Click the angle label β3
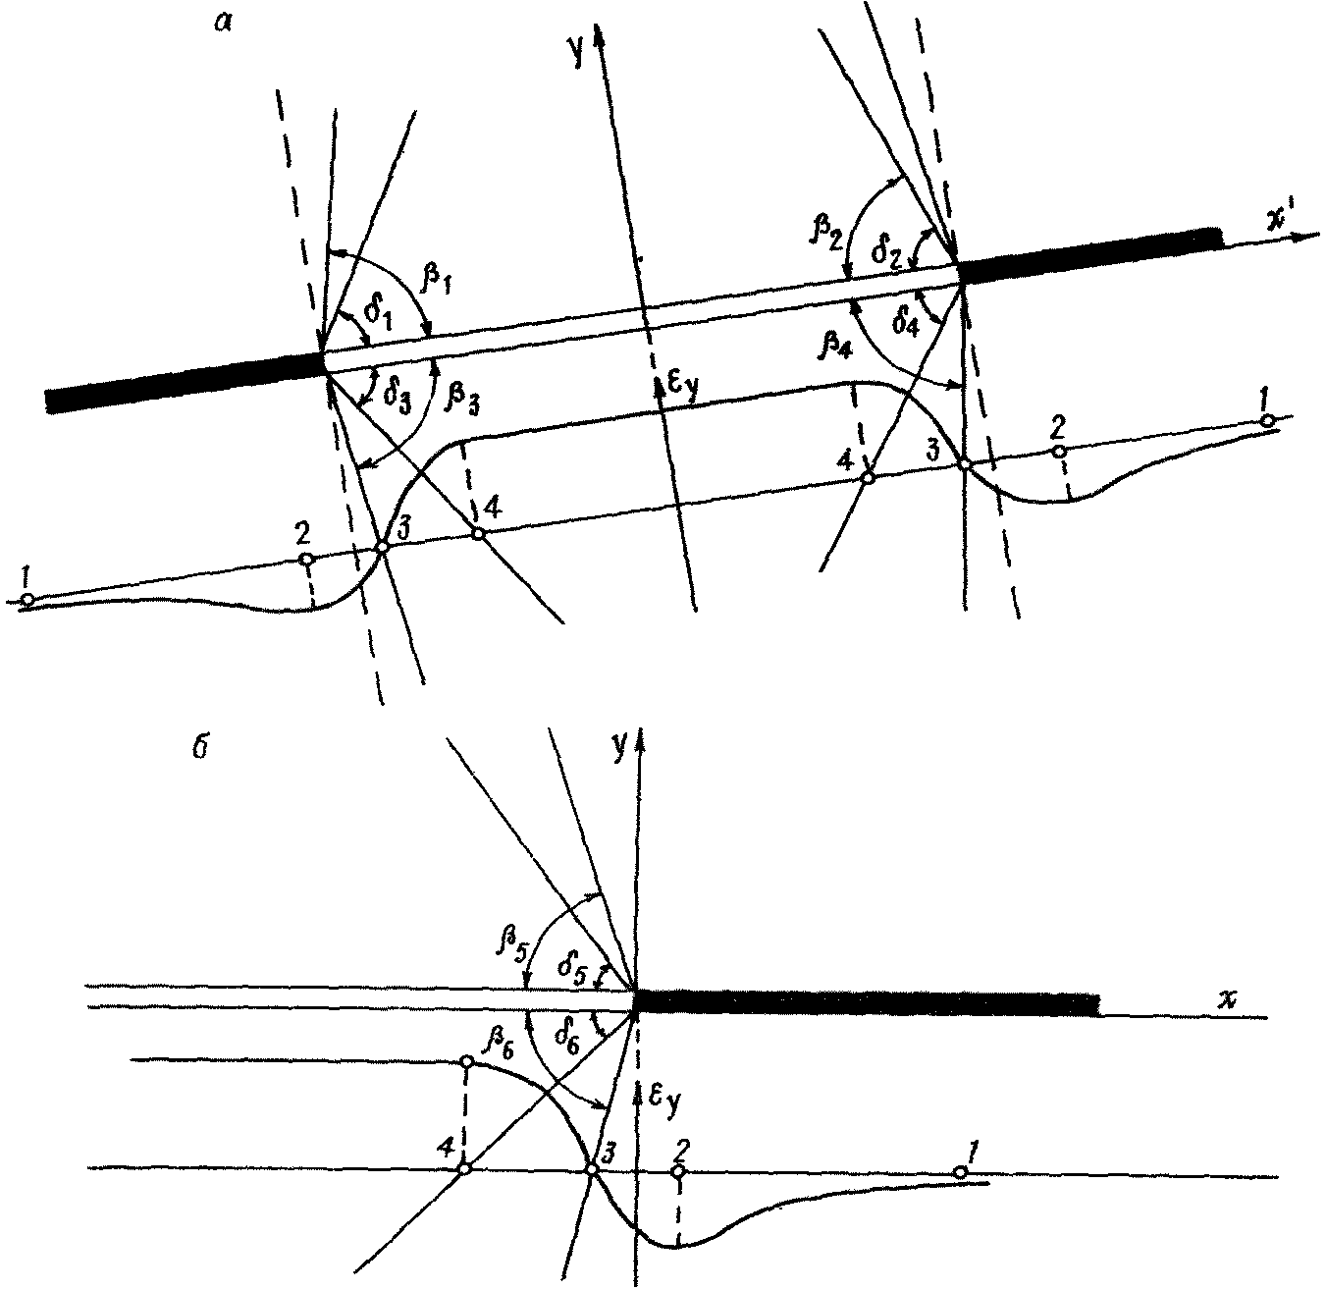(462, 396)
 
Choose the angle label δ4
(909, 320)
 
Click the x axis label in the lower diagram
(1226, 998)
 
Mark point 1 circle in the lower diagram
(961, 1172)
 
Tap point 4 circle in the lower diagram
(466, 1168)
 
